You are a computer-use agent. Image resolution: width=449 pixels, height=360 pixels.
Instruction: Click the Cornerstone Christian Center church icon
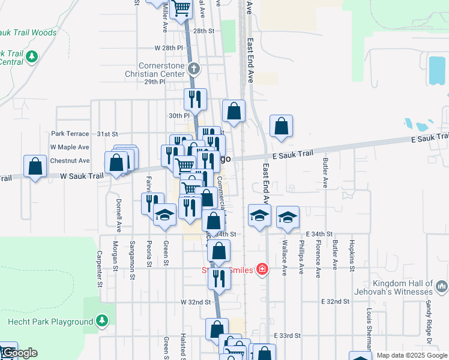coord(193,70)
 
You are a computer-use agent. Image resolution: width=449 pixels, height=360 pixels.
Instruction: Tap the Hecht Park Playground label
coord(50,322)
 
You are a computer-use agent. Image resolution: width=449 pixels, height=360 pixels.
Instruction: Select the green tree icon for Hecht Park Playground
coord(102,321)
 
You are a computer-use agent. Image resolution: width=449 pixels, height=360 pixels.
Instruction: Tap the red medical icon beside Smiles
coord(262,269)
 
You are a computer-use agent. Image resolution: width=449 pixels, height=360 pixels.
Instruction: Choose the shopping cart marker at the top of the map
coord(181,9)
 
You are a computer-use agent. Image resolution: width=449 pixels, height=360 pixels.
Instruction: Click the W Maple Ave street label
coord(70,147)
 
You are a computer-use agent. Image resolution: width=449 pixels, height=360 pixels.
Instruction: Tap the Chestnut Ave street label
coord(70,161)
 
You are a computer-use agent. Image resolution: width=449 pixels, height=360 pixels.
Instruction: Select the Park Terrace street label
coord(70,134)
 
